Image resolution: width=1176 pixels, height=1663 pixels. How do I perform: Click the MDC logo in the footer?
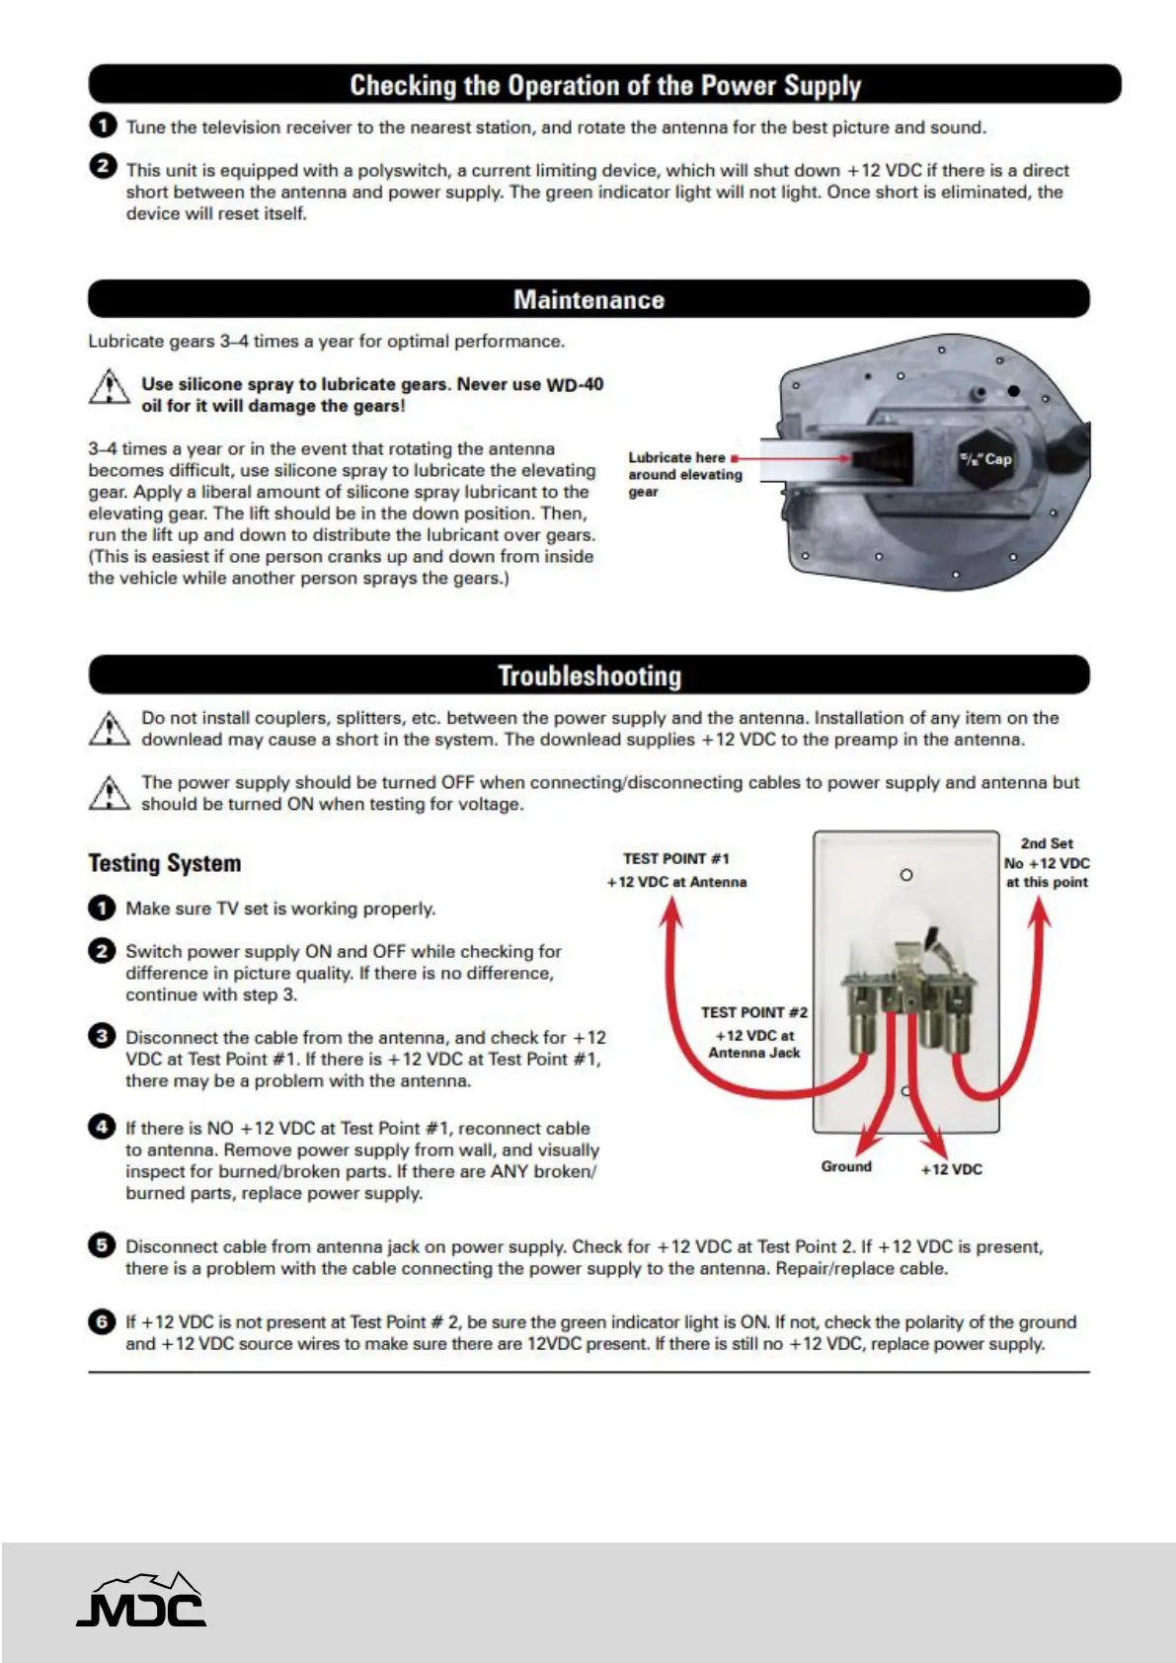tap(141, 1601)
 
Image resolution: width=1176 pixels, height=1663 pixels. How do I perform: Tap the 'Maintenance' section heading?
tap(588, 300)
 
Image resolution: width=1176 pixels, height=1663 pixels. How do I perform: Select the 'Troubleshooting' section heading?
tap(588, 676)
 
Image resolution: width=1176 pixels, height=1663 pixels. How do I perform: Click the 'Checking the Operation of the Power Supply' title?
tap(604, 86)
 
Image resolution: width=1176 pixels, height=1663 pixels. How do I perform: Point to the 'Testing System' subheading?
tap(165, 864)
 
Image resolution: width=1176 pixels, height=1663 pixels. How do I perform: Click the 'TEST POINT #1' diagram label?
tap(675, 859)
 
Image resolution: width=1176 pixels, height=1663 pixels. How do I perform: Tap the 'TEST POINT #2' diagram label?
tap(753, 1012)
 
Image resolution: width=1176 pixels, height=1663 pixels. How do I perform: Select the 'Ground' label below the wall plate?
tap(846, 1167)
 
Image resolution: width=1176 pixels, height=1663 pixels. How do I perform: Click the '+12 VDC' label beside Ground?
tap(951, 1169)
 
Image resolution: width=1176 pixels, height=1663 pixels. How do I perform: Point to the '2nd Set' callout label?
tap(1047, 844)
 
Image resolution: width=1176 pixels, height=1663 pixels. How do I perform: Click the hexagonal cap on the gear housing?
tap(986, 459)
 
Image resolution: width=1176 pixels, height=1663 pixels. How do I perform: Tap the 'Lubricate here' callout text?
tap(676, 458)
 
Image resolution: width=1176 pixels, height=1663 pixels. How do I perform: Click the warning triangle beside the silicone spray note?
tap(109, 387)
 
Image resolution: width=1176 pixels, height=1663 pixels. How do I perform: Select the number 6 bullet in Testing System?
tap(102, 1321)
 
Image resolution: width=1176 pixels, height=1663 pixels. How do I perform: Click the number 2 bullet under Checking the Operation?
tap(102, 166)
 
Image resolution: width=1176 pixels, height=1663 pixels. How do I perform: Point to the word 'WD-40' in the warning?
tap(574, 384)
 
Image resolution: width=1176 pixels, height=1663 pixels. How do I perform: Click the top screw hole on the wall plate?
tap(906, 875)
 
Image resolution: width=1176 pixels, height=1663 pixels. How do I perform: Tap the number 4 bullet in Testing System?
tap(102, 1127)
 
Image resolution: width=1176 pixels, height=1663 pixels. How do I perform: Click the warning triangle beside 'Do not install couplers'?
tap(109, 729)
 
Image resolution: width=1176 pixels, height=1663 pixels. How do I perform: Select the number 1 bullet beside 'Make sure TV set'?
tap(102, 908)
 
